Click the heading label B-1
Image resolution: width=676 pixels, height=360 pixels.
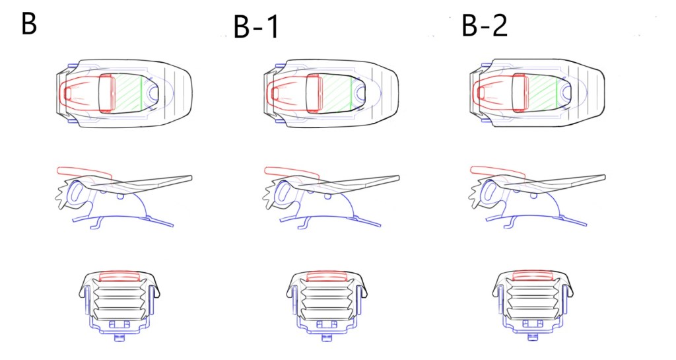(x=257, y=26)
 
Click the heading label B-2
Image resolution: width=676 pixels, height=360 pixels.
(x=485, y=26)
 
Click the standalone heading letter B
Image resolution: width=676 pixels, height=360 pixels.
(x=29, y=24)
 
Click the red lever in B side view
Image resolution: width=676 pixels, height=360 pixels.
(x=84, y=173)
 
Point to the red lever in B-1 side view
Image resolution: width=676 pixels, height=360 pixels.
(x=291, y=173)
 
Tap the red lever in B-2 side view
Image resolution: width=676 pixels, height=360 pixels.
(x=498, y=172)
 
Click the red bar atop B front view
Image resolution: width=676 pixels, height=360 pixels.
(x=120, y=276)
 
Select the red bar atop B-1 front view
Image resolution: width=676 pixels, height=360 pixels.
(x=327, y=276)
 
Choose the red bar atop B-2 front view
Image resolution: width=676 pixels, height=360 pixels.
(x=533, y=276)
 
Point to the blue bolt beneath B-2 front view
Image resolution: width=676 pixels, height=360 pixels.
(x=533, y=337)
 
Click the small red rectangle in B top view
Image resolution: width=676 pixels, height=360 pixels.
(x=68, y=92)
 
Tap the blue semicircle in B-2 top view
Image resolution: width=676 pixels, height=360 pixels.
(x=565, y=91)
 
